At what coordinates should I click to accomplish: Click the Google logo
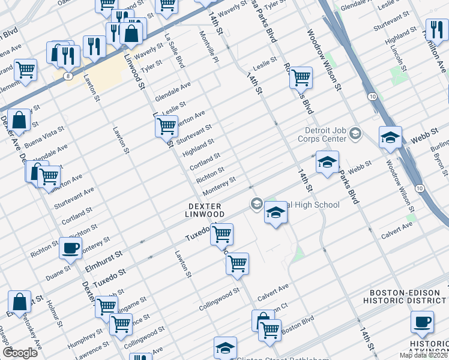click(x=20, y=353)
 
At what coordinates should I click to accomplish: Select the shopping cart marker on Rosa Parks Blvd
click(x=300, y=77)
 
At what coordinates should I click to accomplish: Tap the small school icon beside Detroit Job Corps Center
click(x=355, y=133)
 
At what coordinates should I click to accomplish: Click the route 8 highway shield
click(x=70, y=76)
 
